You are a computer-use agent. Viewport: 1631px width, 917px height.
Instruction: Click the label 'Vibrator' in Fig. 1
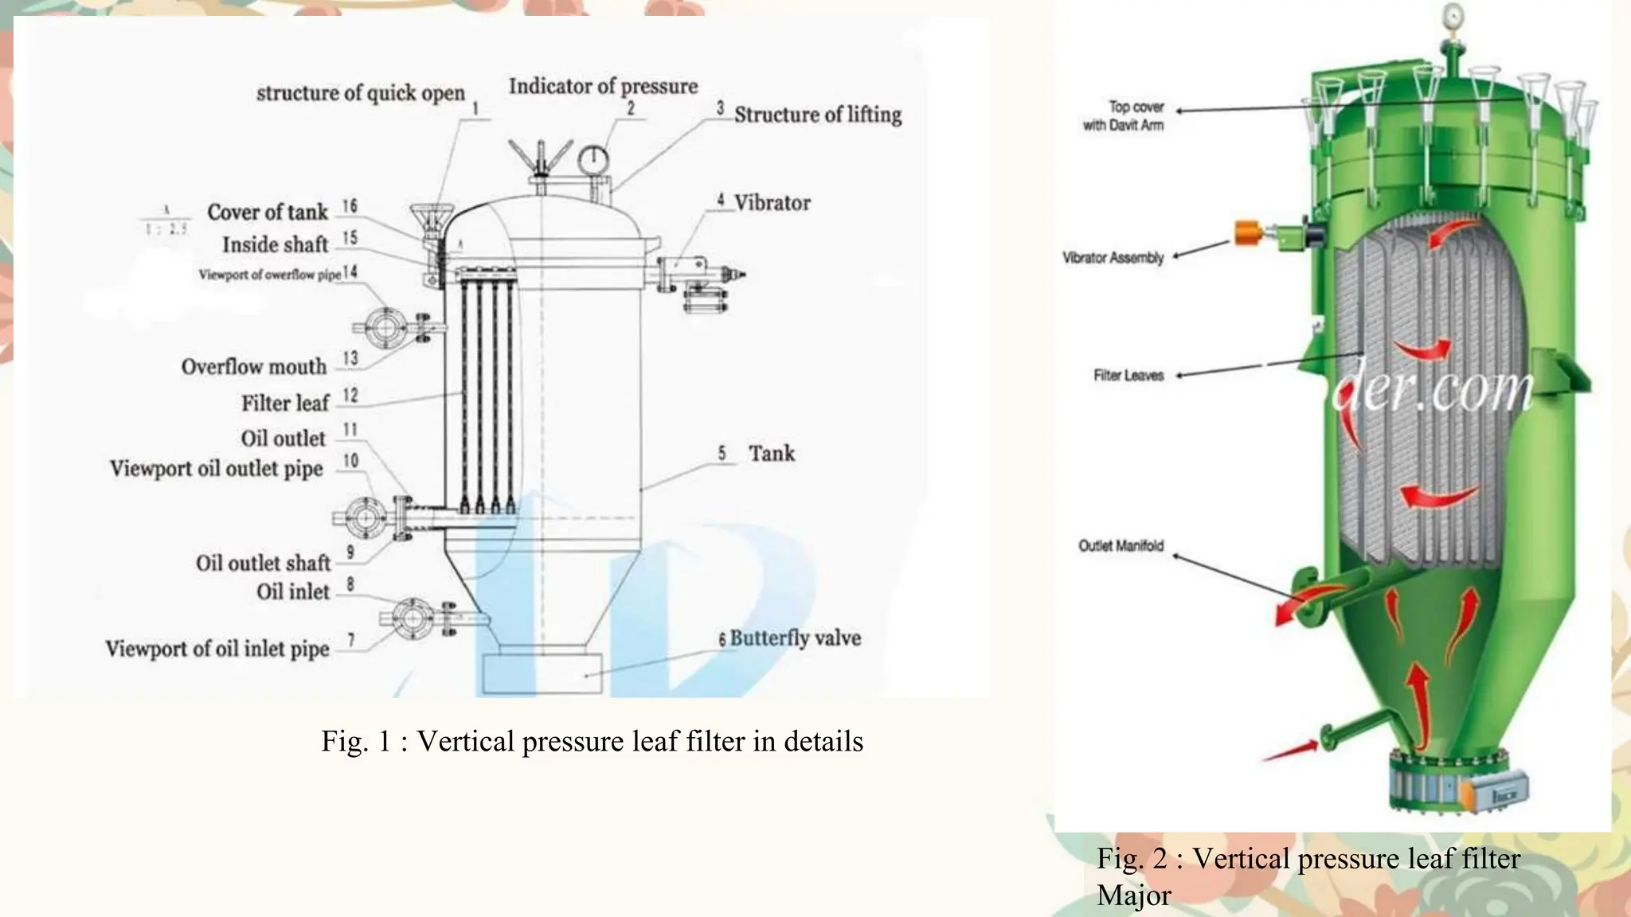pyautogui.click(x=772, y=203)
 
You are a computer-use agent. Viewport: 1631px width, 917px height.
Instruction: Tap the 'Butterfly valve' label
pyautogui.click(x=795, y=638)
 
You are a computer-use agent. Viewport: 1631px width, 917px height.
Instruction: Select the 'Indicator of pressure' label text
pyautogui.click(x=603, y=86)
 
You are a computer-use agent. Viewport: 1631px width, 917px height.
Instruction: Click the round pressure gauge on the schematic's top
pyautogui.click(x=593, y=159)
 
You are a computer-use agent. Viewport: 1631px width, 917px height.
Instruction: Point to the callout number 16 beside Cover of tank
pyautogui.click(x=350, y=207)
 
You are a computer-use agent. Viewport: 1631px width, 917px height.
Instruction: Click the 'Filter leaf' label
pyautogui.click(x=285, y=404)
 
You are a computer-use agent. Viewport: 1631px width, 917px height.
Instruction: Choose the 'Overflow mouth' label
pyautogui.click(x=254, y=367)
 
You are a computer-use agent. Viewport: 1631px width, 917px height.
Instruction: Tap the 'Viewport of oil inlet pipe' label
pyautogui.click(x=217, y=649)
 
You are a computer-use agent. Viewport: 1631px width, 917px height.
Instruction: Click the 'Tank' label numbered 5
pyautogui.click(x=771, y=454)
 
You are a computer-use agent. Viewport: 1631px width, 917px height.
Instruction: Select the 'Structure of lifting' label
pyautogui.click(x=818, y=115)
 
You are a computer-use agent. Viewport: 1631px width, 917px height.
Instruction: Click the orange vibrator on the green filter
pyautogui.click(x=1248, y=233)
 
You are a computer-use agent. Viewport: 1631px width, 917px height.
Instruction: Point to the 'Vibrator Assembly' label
pyautogui.click(x=1113, y=258)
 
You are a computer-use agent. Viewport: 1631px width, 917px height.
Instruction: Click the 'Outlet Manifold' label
pyautogui.click(x=1121, y=546)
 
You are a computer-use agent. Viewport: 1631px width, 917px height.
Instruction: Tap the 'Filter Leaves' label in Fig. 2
pyautogui.click(x=1128, y=376)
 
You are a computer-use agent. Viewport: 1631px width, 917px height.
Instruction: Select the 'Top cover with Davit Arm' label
pyautogui.click(x=1124, y=116)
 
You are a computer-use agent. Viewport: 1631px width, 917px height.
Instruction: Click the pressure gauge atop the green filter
pyautogui.click(x=1453, y=15)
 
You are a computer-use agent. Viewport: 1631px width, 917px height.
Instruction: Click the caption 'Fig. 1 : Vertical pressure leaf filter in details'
pyautogui.click(x=592, y=742)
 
